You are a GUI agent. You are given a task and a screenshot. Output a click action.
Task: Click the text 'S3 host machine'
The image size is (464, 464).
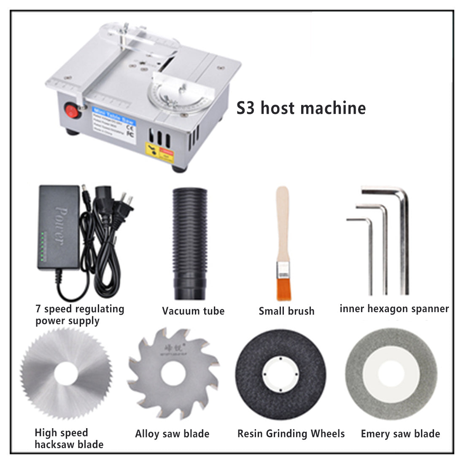pyautogui.click(x=301, y=108)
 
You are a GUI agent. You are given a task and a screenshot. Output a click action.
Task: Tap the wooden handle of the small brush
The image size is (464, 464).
pyautogui.click(x=282, y=224)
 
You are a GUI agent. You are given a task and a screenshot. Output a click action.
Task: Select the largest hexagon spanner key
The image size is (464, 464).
pyautogui.click(x=404, y=240)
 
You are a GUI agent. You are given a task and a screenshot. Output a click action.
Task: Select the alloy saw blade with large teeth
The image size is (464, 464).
pyautogui.click(x=173, y=375)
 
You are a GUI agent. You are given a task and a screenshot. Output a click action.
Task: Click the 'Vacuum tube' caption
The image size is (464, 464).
pyautogui.click(x=193, y=311)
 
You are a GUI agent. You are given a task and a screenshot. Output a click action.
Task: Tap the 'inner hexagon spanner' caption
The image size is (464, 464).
pyautogui.click(x=394, y=309)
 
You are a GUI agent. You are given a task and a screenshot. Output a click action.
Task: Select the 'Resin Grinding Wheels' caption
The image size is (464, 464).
pyautogui.click(x=291, y=434)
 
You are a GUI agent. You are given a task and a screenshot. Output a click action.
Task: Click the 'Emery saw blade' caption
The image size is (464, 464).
pyautogui.click(x=400, y=434)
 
